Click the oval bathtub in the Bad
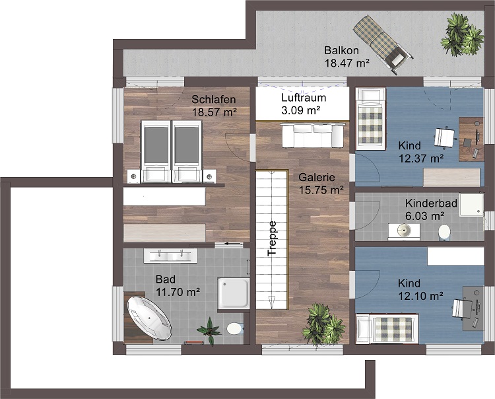tap(149, 318)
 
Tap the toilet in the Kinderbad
tap(444, 232)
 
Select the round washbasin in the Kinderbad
tap(404, 231)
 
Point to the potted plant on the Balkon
tap(463, 35)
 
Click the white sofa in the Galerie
tap(312, 135)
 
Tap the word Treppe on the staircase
tap(272, 238)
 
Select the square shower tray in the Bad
tap(234, 293)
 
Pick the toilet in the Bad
tap(235, 328)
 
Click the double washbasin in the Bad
tap(170, 255)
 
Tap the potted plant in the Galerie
tap(323, 324)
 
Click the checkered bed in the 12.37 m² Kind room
tap(371, 118)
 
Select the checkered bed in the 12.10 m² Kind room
tap(387, 328)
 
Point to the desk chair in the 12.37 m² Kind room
tap(445, 137)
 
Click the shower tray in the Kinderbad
tap(471, 205)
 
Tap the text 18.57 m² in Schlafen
tap(214, 112)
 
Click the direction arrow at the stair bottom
tap(271, 303)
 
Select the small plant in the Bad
tap(209, 330)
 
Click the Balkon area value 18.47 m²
tap(347, 63)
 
